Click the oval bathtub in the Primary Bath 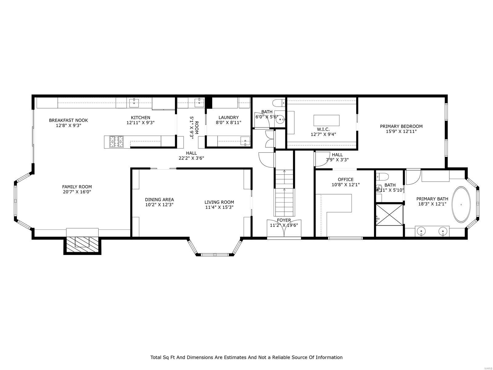pos(461,204)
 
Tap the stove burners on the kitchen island pos(116,142)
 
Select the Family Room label pos(77,187)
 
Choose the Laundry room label pos(228,117)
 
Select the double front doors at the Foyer pos(284,229)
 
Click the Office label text pos(345,179)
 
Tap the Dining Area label pos(159,199)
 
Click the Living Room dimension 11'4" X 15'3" pos(219,207)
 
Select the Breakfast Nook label pos(68,120)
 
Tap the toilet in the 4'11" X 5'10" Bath pos(383,177)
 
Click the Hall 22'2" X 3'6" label pos(191,153)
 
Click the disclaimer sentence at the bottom pos(246,357)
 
